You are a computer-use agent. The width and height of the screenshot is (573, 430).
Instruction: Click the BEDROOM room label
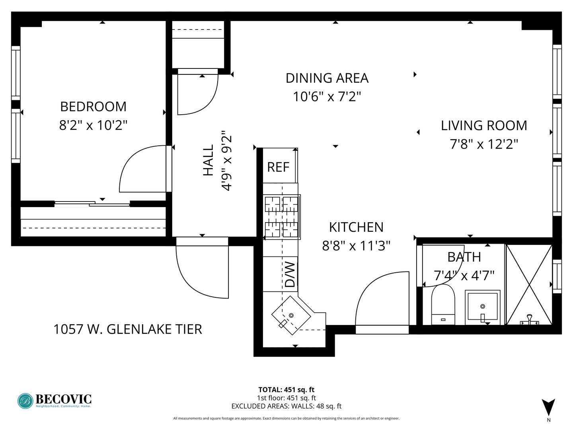click(x=93, y=107)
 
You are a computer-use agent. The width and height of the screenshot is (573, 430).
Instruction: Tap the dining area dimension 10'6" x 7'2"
click(x=327, y=97)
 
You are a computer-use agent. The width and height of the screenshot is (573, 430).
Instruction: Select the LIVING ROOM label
click(x=484, y=125)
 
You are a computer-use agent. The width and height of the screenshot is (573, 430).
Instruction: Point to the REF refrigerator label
click(x=278, y=167)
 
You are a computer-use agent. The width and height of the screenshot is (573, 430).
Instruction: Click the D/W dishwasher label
click(x=290, y=275)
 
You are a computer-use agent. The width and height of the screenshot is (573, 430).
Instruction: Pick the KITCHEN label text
click(x=356, y=227)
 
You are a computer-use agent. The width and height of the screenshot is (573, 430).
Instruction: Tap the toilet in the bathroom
click(x=443, y=305)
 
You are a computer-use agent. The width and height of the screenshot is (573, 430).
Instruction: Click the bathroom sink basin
click(x=482, y=306)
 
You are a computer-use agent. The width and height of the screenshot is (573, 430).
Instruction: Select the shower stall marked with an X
click(x=529, y=285)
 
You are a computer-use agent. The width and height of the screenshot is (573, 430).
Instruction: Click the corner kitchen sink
click(x=291, y=315)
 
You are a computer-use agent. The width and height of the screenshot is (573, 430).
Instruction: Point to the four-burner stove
click(x=282, y=217)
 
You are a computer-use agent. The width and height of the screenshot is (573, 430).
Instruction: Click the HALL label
click(x=209, y=160)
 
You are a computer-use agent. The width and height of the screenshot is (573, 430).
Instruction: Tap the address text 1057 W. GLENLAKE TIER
click(x=128, y=329)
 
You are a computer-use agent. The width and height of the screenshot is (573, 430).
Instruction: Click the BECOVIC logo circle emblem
click(x=25, y=401)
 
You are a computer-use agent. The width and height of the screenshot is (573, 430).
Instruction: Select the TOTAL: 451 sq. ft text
click(x=286, y=390)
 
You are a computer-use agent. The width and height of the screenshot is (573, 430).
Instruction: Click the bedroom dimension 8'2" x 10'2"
click(x=93, y=125)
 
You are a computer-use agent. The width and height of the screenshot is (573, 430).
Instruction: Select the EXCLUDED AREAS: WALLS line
click(x=286, y=406)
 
